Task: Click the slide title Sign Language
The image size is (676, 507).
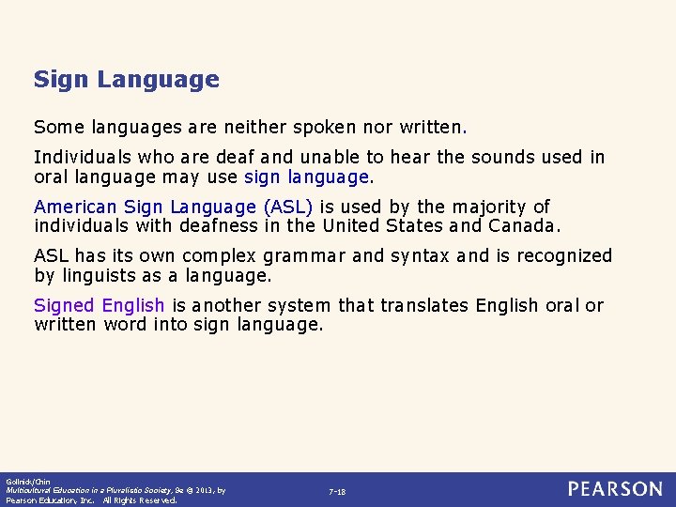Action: (126, 80)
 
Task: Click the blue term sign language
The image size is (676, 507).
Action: (306, 177)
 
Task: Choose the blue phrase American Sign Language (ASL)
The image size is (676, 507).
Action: (174, 207)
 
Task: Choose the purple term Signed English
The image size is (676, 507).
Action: (99, 305)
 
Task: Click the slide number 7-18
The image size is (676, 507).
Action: (337, 491)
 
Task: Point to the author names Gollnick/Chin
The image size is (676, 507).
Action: (27, 481)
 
